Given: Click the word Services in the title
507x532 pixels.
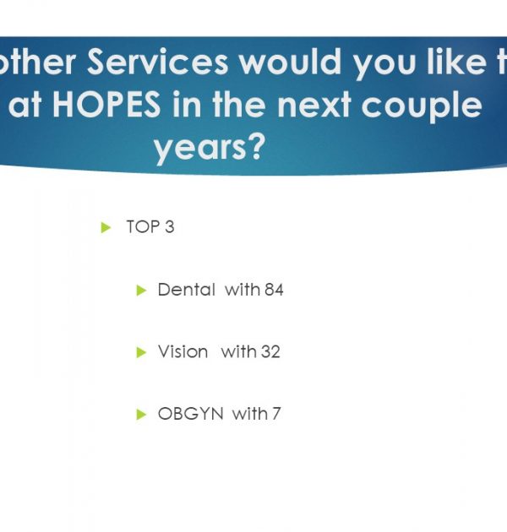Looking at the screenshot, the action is click(x=157, y=62).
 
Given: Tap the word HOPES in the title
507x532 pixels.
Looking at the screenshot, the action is click(x=106, y=105).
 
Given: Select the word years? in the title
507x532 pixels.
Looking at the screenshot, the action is click(x=210, y=148).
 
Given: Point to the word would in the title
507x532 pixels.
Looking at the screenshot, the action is click(x=291, y=62).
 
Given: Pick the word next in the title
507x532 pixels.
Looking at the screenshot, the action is click(x=313, y=105).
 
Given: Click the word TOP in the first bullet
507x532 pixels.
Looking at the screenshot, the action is click(x=143, y=226).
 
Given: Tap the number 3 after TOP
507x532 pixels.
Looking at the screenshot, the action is click(x=170, y=226).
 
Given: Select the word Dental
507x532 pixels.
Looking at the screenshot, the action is click(x=187, y=290).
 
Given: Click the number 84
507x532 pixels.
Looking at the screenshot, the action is click(x=274, y=290).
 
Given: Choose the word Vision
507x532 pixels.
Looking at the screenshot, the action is click(x=183, y=351).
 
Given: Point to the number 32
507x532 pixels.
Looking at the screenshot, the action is click(x=270, y=352).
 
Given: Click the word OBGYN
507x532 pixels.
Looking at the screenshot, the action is click(x=190, y=414).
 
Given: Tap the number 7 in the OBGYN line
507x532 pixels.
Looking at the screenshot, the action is click(x=276, y=414).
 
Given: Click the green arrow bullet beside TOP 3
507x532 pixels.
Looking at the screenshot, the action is click(x=106, y=227).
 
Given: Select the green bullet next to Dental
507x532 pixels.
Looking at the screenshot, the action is click(x=141, y=290).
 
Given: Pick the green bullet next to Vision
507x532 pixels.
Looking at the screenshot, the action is click(x=141, y=352).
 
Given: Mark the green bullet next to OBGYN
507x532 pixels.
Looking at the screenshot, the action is click(x=141, y=415).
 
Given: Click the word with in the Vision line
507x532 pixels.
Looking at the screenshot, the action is click(x=239, y=351).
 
